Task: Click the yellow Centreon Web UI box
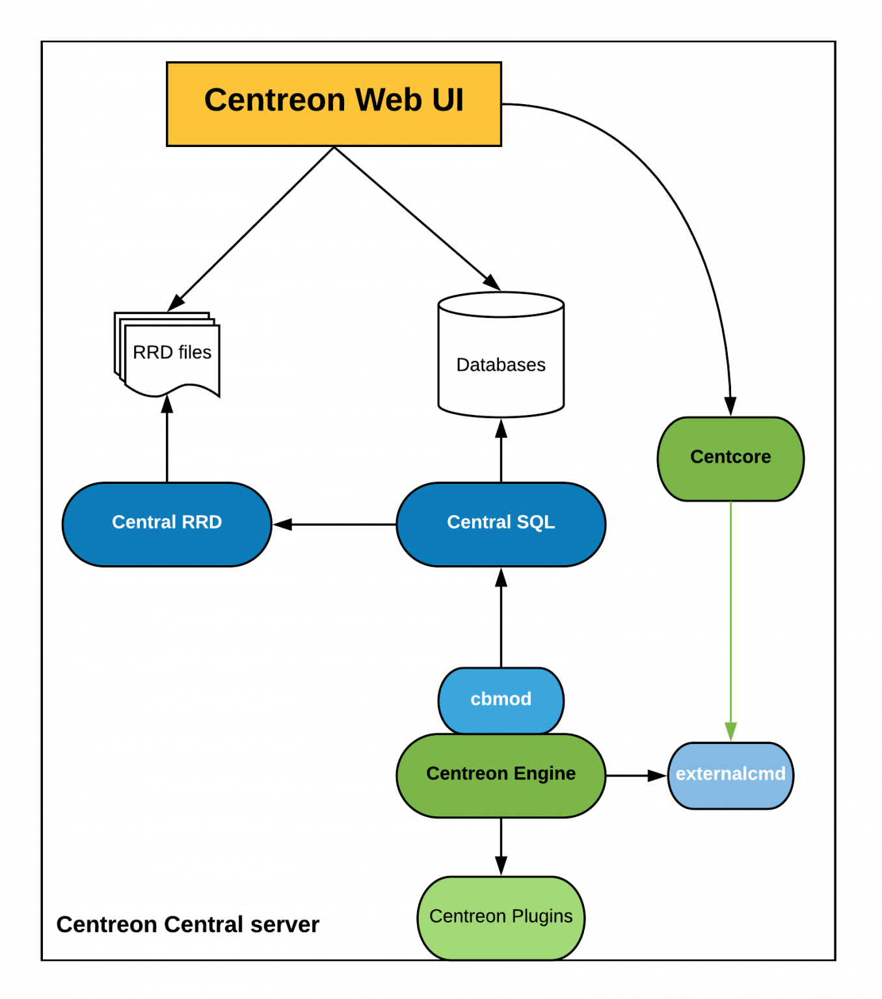(334, 104)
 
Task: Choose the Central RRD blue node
(167, 524)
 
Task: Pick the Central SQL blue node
(501, 524)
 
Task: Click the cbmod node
(501, 700)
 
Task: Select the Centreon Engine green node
(501, 775)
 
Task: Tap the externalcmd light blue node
(730, 775)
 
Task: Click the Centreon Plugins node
(501, 917)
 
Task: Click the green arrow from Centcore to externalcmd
(730, 618)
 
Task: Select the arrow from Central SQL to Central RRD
(335, 524)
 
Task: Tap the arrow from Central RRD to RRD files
(167, 442)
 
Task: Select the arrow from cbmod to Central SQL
(501, 618)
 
